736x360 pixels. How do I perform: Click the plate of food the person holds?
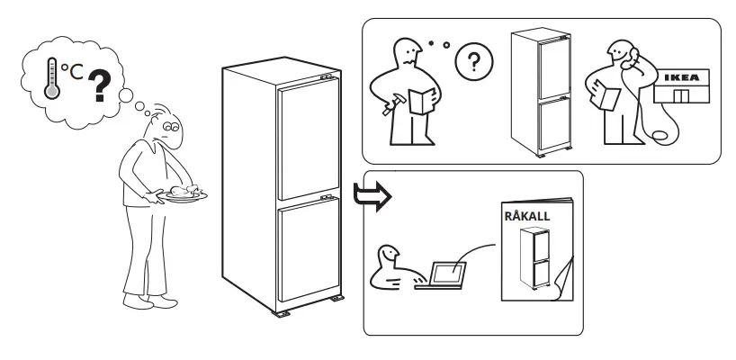tap(184, 193)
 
